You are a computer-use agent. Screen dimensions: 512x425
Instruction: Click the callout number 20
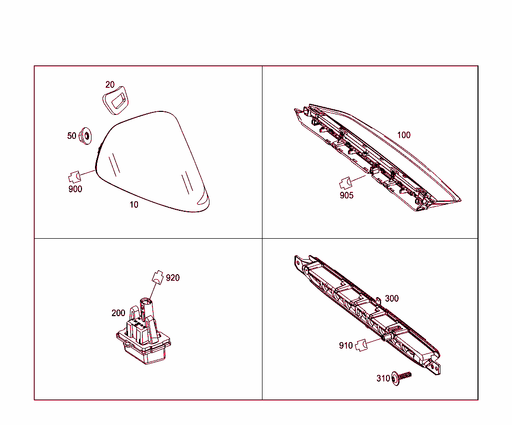109,85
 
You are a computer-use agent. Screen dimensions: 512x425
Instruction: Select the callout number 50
71,136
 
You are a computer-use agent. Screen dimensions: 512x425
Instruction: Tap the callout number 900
75,189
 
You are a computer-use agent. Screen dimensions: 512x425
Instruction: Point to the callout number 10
134,204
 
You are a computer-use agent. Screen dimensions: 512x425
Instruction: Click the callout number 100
403,135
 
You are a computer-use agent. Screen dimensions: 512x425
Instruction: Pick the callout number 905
346,195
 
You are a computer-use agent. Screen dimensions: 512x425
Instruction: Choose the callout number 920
172,278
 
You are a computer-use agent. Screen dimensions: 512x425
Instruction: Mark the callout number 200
118,313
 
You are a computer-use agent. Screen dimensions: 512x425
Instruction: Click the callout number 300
392,299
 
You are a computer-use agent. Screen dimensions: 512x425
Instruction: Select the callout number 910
346,346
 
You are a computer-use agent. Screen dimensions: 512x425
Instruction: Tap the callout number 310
383,379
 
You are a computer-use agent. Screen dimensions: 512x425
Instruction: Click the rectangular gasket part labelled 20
115,100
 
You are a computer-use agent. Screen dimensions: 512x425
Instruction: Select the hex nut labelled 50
85,136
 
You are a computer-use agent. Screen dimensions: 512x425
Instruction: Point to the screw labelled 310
401,378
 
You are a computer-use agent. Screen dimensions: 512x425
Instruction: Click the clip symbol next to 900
74,177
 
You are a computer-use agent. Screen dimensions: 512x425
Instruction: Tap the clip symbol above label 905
345,183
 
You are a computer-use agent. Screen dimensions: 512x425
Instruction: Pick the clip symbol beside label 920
157,277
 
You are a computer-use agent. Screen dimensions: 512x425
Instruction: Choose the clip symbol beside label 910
361,345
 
